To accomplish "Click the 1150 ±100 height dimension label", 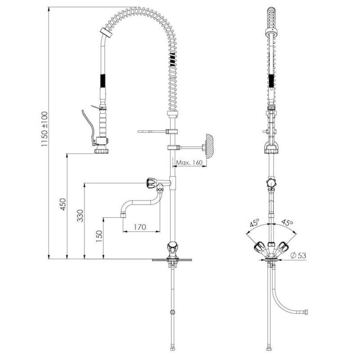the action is coord(45,129).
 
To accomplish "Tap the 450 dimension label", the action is coord(63,204).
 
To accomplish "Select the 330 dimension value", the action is coord(80,216).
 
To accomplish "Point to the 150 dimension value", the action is coord(99,237).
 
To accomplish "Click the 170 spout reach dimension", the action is coord(140,227).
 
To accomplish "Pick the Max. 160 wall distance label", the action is coord(189,162).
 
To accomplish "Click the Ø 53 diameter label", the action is coord(298,255).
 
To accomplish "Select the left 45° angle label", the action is coord(255,223).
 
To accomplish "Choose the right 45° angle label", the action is coord(287,222).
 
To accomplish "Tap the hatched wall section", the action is coord(210,146).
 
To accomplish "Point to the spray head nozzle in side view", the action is coord(101,151).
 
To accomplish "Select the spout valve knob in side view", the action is coord(151,183).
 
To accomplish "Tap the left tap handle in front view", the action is coord(259,247).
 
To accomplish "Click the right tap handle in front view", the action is coord(283,247).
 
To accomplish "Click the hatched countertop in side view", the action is coord(172,260).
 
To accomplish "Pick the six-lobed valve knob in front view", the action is coord(271,183).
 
